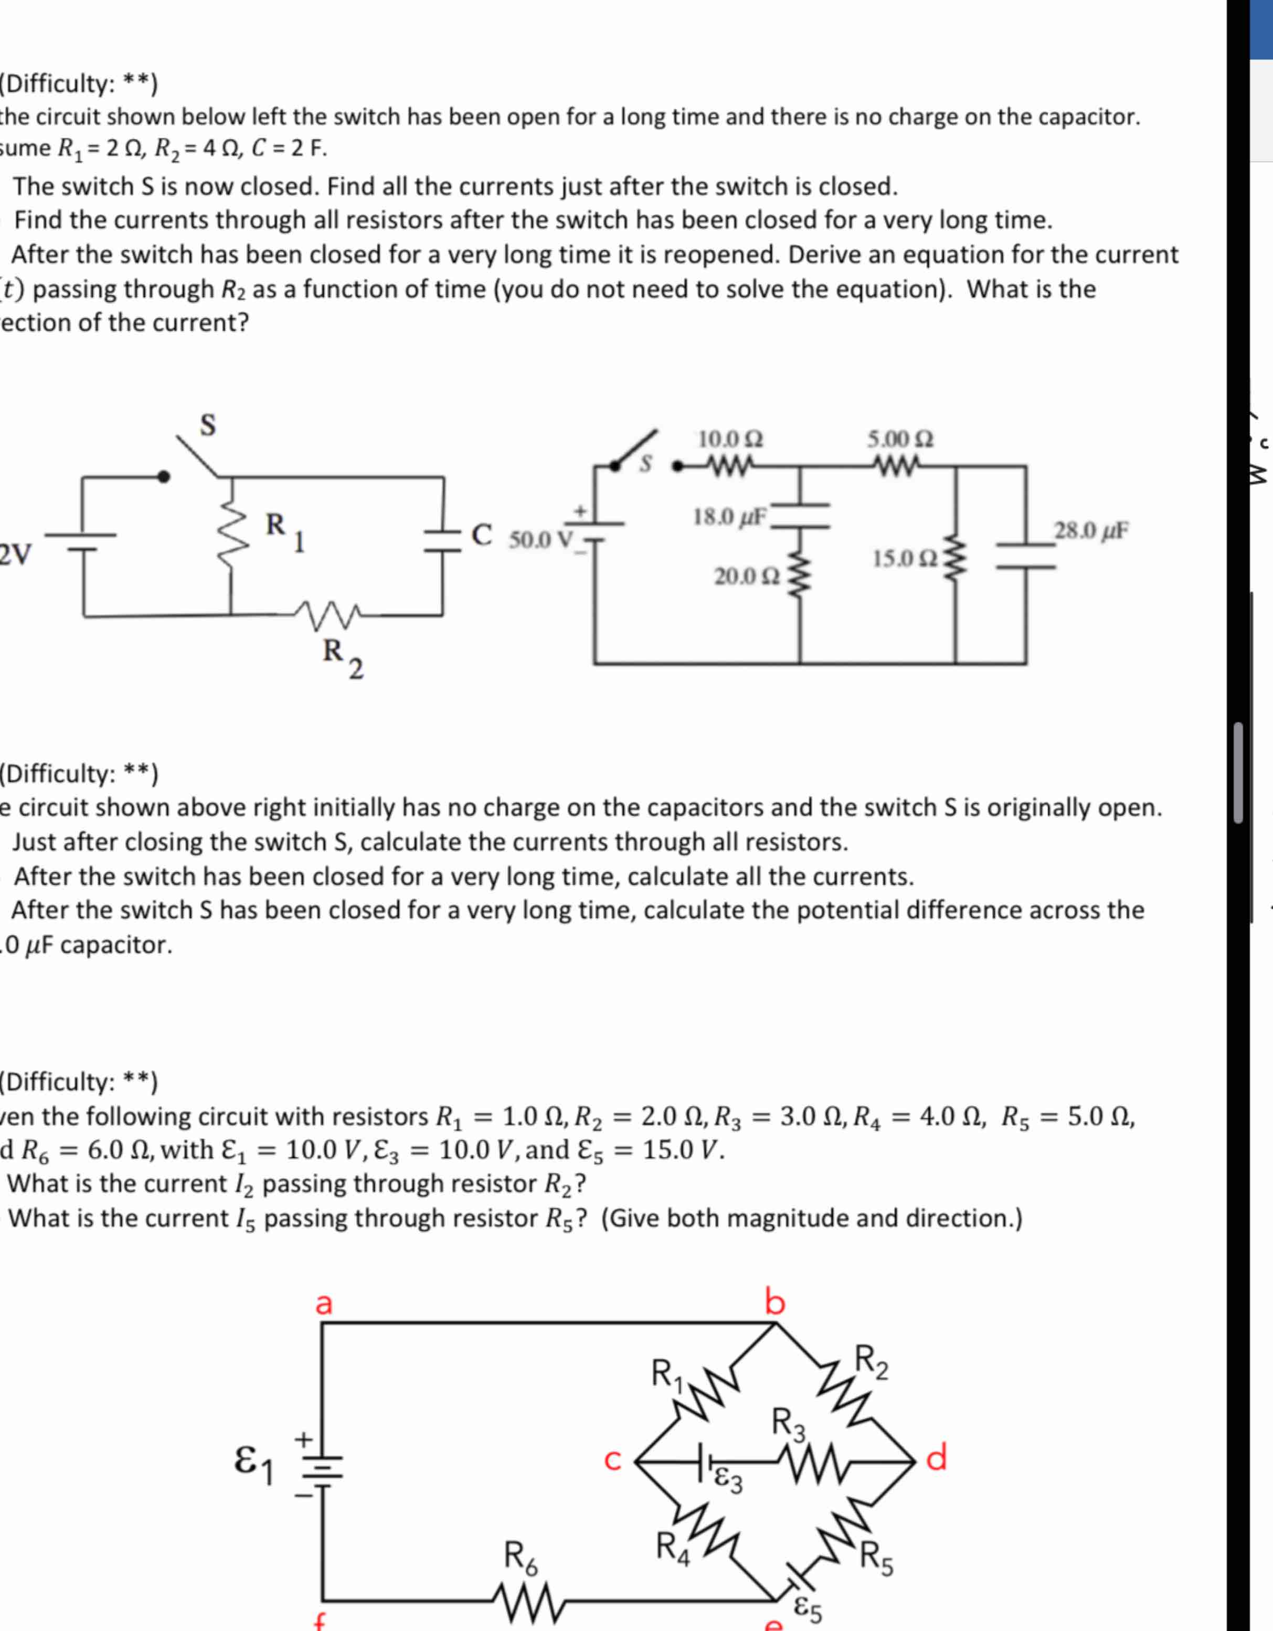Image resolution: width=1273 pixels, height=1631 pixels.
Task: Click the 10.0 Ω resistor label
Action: (730, 439)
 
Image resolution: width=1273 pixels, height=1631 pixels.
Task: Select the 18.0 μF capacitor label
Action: (730, 516)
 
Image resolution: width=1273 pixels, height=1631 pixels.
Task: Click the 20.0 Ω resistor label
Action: (748, 577)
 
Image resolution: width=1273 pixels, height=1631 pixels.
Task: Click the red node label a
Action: (323, 1303)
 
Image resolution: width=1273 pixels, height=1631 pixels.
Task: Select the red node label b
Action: (775, 1302)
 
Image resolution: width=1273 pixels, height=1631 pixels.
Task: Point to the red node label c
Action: (612, 1460)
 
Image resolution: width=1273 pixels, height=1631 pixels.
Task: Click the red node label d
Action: (936, 1457)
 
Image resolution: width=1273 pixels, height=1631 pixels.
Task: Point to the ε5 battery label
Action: (807, 1609)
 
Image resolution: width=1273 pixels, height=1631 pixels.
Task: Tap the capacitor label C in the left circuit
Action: (482, 535)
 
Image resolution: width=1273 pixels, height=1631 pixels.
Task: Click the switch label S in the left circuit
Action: (208, 424)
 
